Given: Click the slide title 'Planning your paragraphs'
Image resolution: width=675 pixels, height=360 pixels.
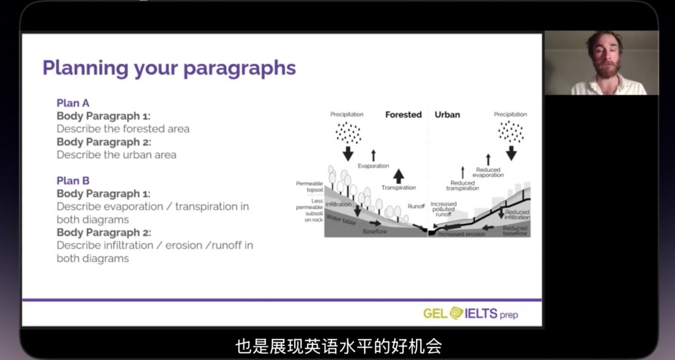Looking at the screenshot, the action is click(x=169, y=69).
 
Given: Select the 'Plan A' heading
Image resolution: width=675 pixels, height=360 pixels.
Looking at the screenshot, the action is click(x=73, y=103).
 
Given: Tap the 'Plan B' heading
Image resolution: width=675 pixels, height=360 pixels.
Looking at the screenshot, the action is click(x=73, y=181).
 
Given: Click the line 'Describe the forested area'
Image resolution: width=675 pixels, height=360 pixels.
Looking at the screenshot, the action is click(x=123, y=129).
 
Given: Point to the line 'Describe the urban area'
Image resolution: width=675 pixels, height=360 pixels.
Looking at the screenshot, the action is click(x=116, y=154).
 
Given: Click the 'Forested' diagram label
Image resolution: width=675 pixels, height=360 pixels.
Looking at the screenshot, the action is click(x=403, y=115).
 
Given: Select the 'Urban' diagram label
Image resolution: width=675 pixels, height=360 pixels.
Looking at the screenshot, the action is click(x=448, y=115).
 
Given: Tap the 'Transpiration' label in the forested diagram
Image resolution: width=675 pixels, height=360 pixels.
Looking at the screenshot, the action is click(x=399, y=188).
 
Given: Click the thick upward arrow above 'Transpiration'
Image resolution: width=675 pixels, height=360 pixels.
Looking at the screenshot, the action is click(x=399, y=175).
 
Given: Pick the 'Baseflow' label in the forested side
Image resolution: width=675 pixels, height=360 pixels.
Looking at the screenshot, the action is click(x=374, y=231).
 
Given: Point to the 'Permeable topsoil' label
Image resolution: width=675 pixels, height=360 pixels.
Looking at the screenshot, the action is click(x=310, y=187).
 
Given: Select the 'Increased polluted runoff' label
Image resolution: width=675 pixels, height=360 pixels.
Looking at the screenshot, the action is click(x=444, y=209).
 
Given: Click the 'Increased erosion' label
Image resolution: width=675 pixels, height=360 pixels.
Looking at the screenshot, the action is click(x=461, y=234).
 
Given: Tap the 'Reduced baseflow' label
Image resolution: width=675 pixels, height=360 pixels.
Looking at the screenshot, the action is click(x=515, y=231).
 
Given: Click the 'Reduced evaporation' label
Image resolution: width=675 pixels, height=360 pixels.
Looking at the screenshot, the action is click(x=488, y=172).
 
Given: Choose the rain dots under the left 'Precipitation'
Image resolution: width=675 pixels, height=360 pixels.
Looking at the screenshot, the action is click(x=348, y=133).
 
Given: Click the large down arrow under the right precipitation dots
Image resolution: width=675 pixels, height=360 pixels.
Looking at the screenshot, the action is click(x=512, y=153).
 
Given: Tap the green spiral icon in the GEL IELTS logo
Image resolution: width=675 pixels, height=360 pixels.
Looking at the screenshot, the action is click(x=457, y=313).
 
